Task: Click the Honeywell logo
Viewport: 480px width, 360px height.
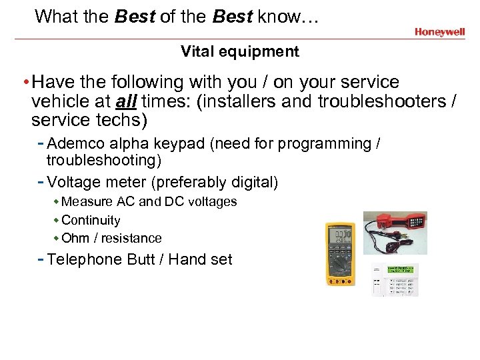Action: pos(439,31)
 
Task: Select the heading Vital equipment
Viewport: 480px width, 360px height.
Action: pos(240,51)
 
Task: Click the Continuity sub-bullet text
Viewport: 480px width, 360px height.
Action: pos(91,220)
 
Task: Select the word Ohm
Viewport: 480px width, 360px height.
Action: pos(75,238)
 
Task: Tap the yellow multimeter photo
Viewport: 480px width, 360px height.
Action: pos(339,253)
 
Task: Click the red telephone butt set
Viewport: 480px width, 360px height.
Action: pos(395,232)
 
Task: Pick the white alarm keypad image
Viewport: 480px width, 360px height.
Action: pos(395,279)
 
